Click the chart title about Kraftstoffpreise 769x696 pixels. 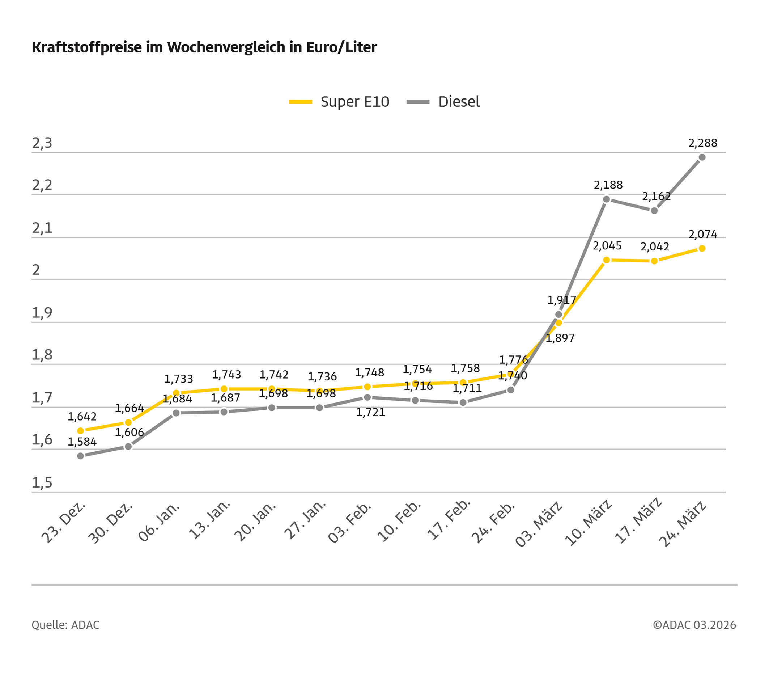click(204, 48)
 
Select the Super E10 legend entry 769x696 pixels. click(339, 102)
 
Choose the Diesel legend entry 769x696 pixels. click(443, 102)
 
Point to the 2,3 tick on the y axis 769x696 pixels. click(42, 143)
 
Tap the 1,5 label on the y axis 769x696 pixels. click(42, 483)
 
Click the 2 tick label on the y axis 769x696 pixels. click(36, 270)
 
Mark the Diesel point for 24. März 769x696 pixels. click(702, 157)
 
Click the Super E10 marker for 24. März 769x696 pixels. click(702, 248)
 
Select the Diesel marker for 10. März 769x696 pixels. click(607, 199)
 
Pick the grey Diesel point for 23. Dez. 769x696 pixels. click(81, 456)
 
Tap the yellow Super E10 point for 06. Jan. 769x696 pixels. click(176, 393)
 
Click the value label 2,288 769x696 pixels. click(703, 143)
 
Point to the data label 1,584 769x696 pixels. click(82, 442)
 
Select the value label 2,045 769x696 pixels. click(607, 246)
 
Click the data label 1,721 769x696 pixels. click(370, 413)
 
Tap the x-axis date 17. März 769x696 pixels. click(638, 521)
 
